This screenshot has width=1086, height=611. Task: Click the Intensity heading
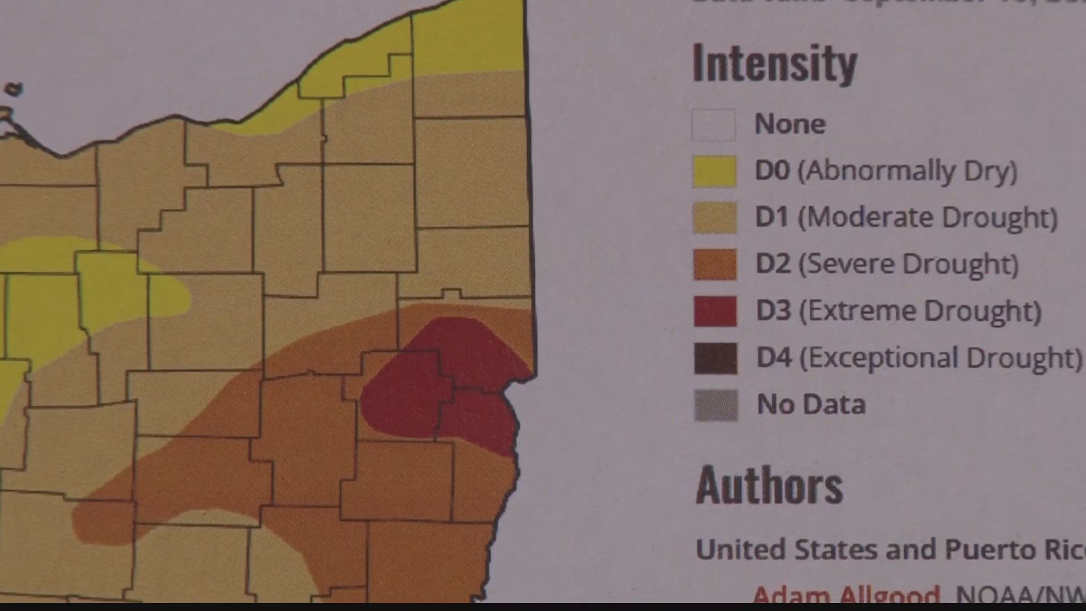(x=775, y=64)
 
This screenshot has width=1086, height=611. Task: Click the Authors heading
(x=769, y=486)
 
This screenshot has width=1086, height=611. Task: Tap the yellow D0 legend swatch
(x=714, y=171)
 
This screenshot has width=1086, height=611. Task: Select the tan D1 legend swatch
(x=715, y=218)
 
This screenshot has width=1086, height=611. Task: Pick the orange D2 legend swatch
(x=715, y=264)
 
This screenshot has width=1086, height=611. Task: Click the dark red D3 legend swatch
(x=716, y=311)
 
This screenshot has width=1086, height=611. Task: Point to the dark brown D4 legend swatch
(x=716, y=358)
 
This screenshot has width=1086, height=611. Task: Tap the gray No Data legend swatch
(x=716, y=405)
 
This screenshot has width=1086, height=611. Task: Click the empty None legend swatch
(x=714, y=124)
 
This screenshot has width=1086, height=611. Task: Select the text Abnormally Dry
(x=907, y=171)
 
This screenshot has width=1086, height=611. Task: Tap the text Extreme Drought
(x=920, y=311)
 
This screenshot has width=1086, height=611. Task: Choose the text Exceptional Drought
(x=941, y=358)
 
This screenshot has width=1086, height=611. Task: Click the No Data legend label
(x=811, y=405)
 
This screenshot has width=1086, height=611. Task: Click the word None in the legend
(x=790, y=124)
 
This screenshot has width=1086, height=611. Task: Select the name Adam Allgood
(x=846, y=595)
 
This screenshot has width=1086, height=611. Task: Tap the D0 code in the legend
(x=772, y=171)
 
